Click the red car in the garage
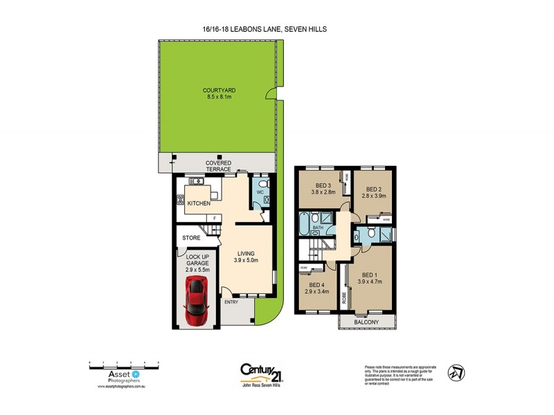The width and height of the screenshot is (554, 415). click(x=196, y=302)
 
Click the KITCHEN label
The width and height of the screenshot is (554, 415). click(x=198, y=205)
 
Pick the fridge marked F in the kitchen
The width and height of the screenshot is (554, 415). click(x=215, y=218)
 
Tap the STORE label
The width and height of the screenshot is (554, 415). click(x=191, y=238)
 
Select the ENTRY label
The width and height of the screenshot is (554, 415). click(x=231, y=302)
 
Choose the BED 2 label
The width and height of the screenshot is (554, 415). click(x=374, y=190)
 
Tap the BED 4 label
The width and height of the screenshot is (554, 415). click(x=315, y=285)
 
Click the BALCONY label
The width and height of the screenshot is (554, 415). click(x=367, y=322)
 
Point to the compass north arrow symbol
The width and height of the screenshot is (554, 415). click(x=455, y=373)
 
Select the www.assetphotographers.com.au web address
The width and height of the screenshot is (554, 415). click(x=114, y=387)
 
